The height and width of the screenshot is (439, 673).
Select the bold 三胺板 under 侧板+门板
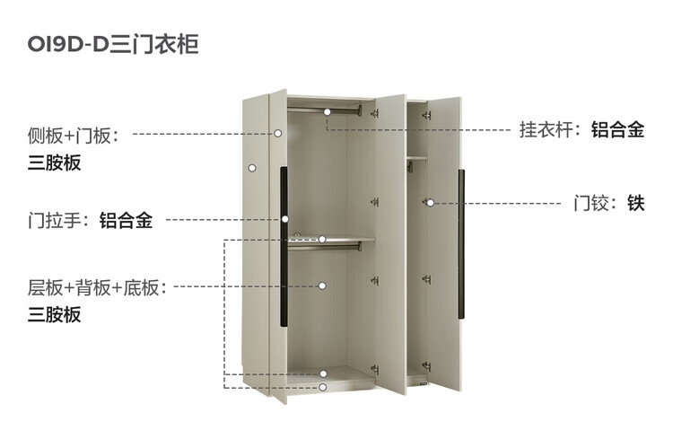[55, 163]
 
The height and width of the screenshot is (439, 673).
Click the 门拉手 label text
[59, 220]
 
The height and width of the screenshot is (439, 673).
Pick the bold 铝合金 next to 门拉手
[126, 220]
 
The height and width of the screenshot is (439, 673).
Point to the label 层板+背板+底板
[97, 288]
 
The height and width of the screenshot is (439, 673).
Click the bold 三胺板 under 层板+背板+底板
[55, 315]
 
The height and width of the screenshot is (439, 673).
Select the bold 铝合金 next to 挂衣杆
[617, 130]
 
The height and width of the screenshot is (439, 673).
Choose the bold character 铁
[636, 203]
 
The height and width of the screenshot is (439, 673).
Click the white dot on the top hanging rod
[328, 111]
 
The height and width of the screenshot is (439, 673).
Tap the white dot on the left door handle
[284, 219]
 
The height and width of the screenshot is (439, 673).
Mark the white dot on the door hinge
[430, 203]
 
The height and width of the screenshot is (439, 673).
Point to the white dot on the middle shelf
[322, 239]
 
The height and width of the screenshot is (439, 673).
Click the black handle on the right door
[462, 242]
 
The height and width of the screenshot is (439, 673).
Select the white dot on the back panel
[322, 286]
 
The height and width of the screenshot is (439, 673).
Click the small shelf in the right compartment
[415, 157]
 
